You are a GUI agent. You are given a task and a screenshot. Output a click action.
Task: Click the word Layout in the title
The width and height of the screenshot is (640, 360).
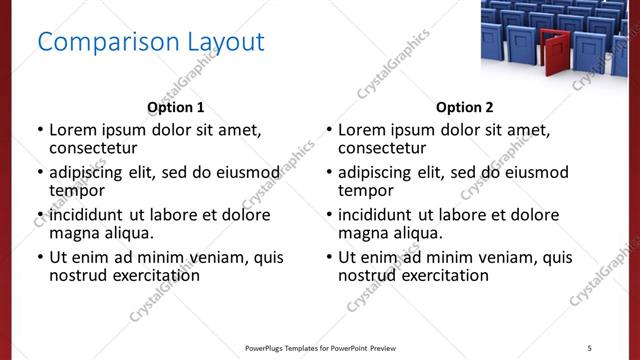[x=226, y=42]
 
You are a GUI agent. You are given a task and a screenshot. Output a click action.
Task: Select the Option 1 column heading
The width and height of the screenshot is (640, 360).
[x=176, y=107]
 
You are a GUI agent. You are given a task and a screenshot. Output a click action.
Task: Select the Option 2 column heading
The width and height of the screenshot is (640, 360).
[x=465, y=107]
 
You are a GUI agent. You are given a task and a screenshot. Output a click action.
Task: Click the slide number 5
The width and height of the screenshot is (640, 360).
[x=589, y=347]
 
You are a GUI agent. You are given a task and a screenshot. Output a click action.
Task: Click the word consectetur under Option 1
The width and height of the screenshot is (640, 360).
[x=93, y=148]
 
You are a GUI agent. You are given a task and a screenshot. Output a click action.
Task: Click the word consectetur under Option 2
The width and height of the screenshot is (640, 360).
[x=382, y=148]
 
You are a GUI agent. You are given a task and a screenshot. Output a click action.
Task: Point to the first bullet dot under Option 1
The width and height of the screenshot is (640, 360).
[x=40, y=130]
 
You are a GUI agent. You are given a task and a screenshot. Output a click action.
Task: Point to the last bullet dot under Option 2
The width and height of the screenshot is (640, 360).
[x=329, y=257]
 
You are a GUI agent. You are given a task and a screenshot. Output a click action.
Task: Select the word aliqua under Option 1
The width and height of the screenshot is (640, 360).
[x=128, y=233]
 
